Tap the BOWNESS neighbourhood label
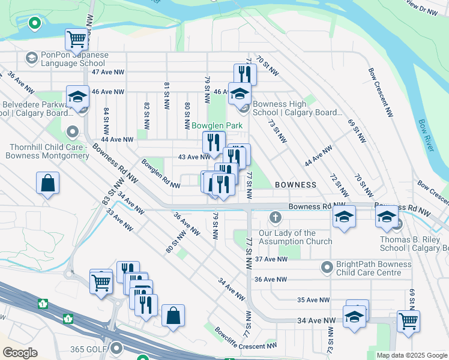295,185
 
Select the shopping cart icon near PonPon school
77,40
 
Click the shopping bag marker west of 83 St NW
47,184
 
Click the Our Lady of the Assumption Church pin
276,217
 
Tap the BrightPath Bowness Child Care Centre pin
327,266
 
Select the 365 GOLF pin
116,348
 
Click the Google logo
20,353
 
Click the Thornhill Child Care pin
73,131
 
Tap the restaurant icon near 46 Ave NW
244,74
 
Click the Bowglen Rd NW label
160,173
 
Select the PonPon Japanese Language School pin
31,58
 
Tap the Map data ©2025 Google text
412,355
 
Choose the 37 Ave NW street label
271,259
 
